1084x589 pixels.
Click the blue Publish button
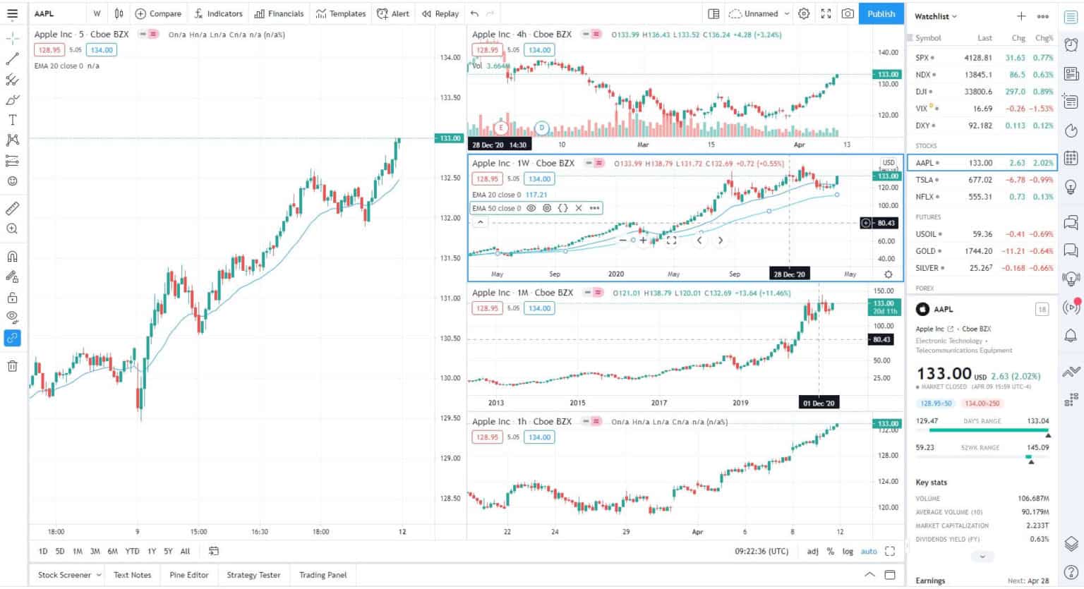(881, 13)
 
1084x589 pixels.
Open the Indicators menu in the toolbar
(219, 13)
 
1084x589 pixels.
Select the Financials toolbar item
(279, 13)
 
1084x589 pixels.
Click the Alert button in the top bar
(393, 13)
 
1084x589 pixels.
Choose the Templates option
(341, 13)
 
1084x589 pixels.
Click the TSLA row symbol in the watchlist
(924, 180)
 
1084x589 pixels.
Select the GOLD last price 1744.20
(978, 251)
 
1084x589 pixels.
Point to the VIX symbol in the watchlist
(922, 109)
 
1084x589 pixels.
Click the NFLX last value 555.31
(980, 197)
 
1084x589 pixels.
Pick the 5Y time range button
(168, 552)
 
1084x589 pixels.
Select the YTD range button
(132, 552)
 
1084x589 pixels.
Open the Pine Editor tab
(189, 575)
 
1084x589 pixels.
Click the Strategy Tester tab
(253, 575)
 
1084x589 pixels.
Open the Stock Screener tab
(64, 575)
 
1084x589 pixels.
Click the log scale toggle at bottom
(847, 552)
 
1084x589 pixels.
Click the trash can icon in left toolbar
(12, 366)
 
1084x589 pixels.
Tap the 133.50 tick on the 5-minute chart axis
(450, 97)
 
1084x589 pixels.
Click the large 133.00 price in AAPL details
(944, 373)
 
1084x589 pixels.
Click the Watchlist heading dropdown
(935, 16)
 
